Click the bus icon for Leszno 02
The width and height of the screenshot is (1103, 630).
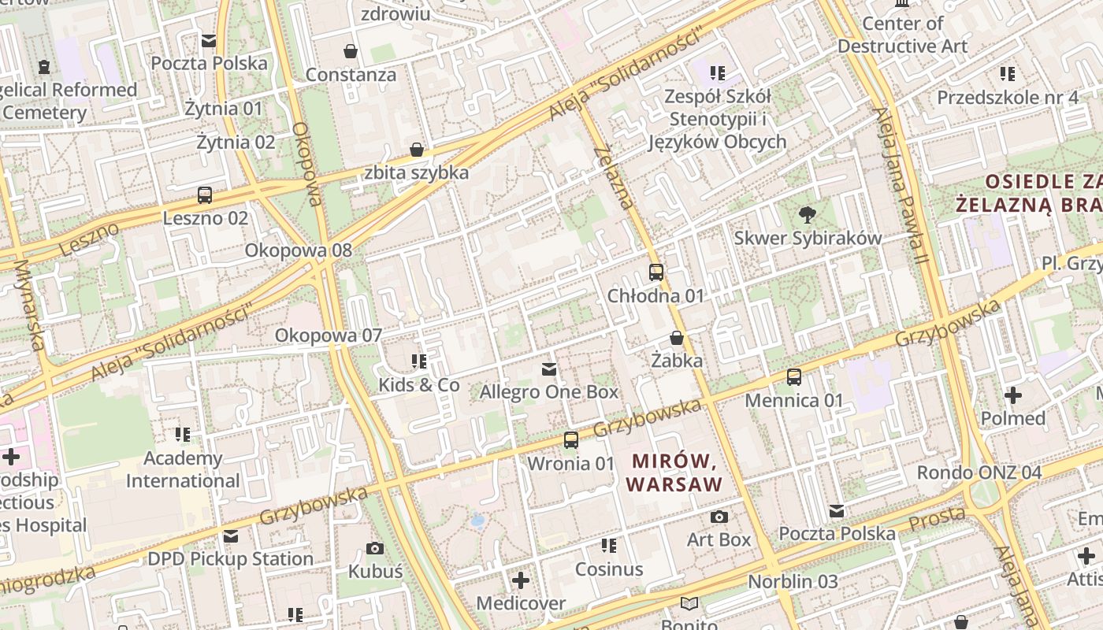coord(205,195)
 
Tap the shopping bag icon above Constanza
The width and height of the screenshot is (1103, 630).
coord(351,52)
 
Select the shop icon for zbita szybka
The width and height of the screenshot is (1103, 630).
coord(417,150)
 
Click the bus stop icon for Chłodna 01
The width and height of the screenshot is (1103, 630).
coord(655,272)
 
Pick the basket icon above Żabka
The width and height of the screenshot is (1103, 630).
coord(676,338)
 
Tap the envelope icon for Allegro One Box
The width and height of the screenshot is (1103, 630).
coord(549,369)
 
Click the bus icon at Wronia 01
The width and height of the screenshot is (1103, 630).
coord(571,440)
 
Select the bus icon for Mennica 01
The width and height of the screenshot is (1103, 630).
coord(794,377)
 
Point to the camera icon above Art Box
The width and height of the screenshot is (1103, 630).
coord(719,517)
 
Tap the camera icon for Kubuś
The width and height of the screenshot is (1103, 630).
coord(375,548)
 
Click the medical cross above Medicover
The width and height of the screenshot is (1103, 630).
coord(520,580)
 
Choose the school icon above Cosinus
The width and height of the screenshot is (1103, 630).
coord(608,545)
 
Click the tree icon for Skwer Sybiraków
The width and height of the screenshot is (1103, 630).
coord(807,213)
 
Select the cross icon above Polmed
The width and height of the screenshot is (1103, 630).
coord(1013,395)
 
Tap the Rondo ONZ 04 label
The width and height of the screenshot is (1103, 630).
coord(979,473)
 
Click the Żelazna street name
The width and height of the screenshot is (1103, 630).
coord(614,177)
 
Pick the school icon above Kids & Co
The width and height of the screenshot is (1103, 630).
coord(419,361)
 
